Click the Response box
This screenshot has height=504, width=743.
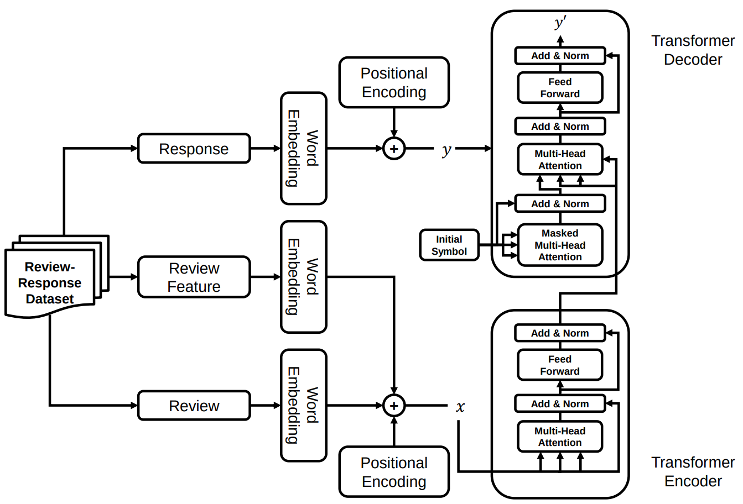tap(194, 149)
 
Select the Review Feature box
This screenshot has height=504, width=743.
tap(194, 277)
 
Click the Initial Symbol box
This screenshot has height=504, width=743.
tap(449, 245)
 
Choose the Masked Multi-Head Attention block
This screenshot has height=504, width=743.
tap(560, 245)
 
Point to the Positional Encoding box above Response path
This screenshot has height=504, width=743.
tap(394, 82)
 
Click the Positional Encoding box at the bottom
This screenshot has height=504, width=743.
tap(394, 472)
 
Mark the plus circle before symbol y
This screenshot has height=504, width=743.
tap(394, 149)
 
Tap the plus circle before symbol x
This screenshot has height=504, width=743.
tap(394, 406)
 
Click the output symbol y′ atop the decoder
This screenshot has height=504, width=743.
tap(560, 23)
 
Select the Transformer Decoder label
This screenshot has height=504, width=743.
tap(693, 50)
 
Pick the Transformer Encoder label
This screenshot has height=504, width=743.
tap(693, 471)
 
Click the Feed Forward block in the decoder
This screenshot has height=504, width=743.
tap(560, 88)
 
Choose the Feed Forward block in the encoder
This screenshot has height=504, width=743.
tap(560, 365)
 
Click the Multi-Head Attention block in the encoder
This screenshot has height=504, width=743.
tap(560, 437)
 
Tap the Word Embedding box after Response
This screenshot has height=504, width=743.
tap(303, 149)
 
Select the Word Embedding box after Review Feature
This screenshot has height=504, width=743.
tap(303, 277)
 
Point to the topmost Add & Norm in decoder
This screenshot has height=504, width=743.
tap(560, 56)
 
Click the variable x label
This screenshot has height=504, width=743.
tap(460, 407)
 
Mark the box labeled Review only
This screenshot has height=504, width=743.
tap(194, 406)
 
